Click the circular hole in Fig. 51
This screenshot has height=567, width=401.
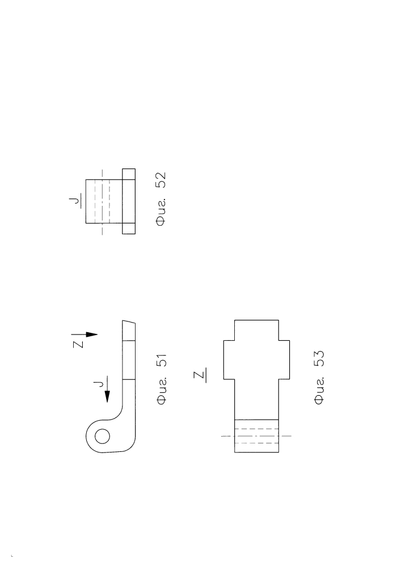(x=102, y=436)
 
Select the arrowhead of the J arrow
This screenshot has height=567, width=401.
(x=107, y=396)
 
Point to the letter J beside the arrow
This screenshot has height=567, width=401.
(x=98, y=383)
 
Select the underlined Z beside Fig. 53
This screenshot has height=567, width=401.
(x=200, y=375)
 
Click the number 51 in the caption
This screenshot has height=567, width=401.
(x=162, y=361)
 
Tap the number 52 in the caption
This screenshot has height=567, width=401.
(x=161, y=180)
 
